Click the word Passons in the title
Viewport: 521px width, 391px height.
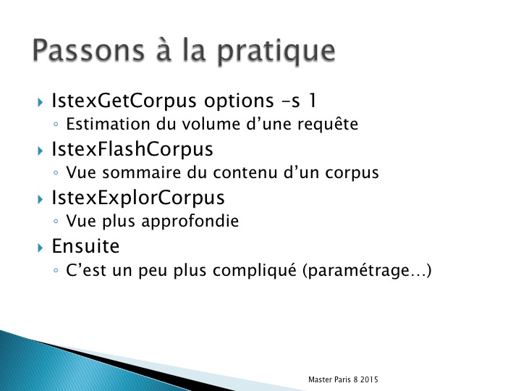88,50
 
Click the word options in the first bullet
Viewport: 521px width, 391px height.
239,101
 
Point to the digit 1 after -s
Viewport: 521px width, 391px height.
312,100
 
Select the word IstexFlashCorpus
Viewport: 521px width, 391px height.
132,149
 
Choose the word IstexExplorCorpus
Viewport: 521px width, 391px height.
138,198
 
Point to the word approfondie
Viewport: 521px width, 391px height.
190,222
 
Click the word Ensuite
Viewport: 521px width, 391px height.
85,246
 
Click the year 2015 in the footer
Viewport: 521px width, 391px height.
369,379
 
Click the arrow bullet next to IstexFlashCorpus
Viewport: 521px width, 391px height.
41,151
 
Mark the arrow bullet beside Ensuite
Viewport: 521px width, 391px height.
41,248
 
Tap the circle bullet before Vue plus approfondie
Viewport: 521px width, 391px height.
56,222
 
